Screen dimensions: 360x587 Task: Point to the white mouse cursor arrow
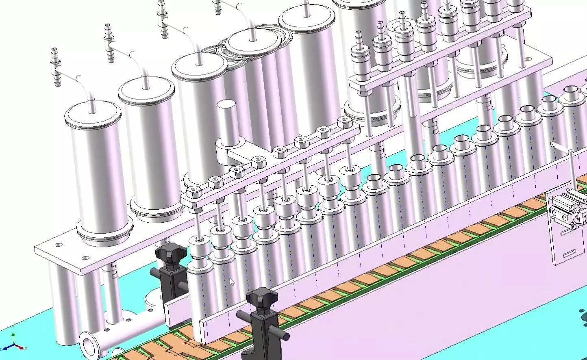click(x=232, y=282)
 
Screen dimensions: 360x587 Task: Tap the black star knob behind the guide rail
click(x=170, y=253)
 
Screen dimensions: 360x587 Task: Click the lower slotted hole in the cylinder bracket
click(x=570, y=255)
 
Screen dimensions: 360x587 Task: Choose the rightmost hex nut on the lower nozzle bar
click(x=344, y=122)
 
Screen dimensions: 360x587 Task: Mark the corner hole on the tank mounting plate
click(x=59, y=245)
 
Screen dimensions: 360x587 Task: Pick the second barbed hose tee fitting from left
click(x=109, y=43)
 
